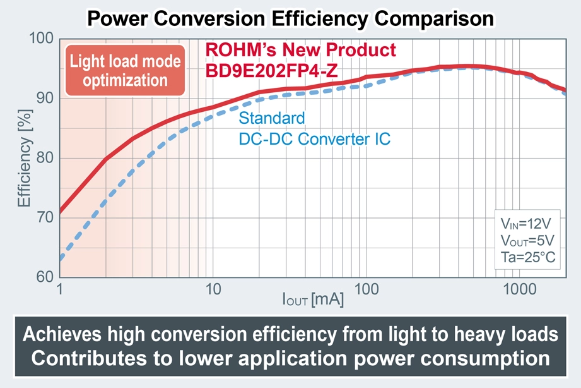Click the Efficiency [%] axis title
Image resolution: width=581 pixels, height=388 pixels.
[x=24, y=158]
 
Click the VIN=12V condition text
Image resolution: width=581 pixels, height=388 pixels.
[x=527, y=224]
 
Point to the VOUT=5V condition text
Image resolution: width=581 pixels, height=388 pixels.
[x=527, y=241]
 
